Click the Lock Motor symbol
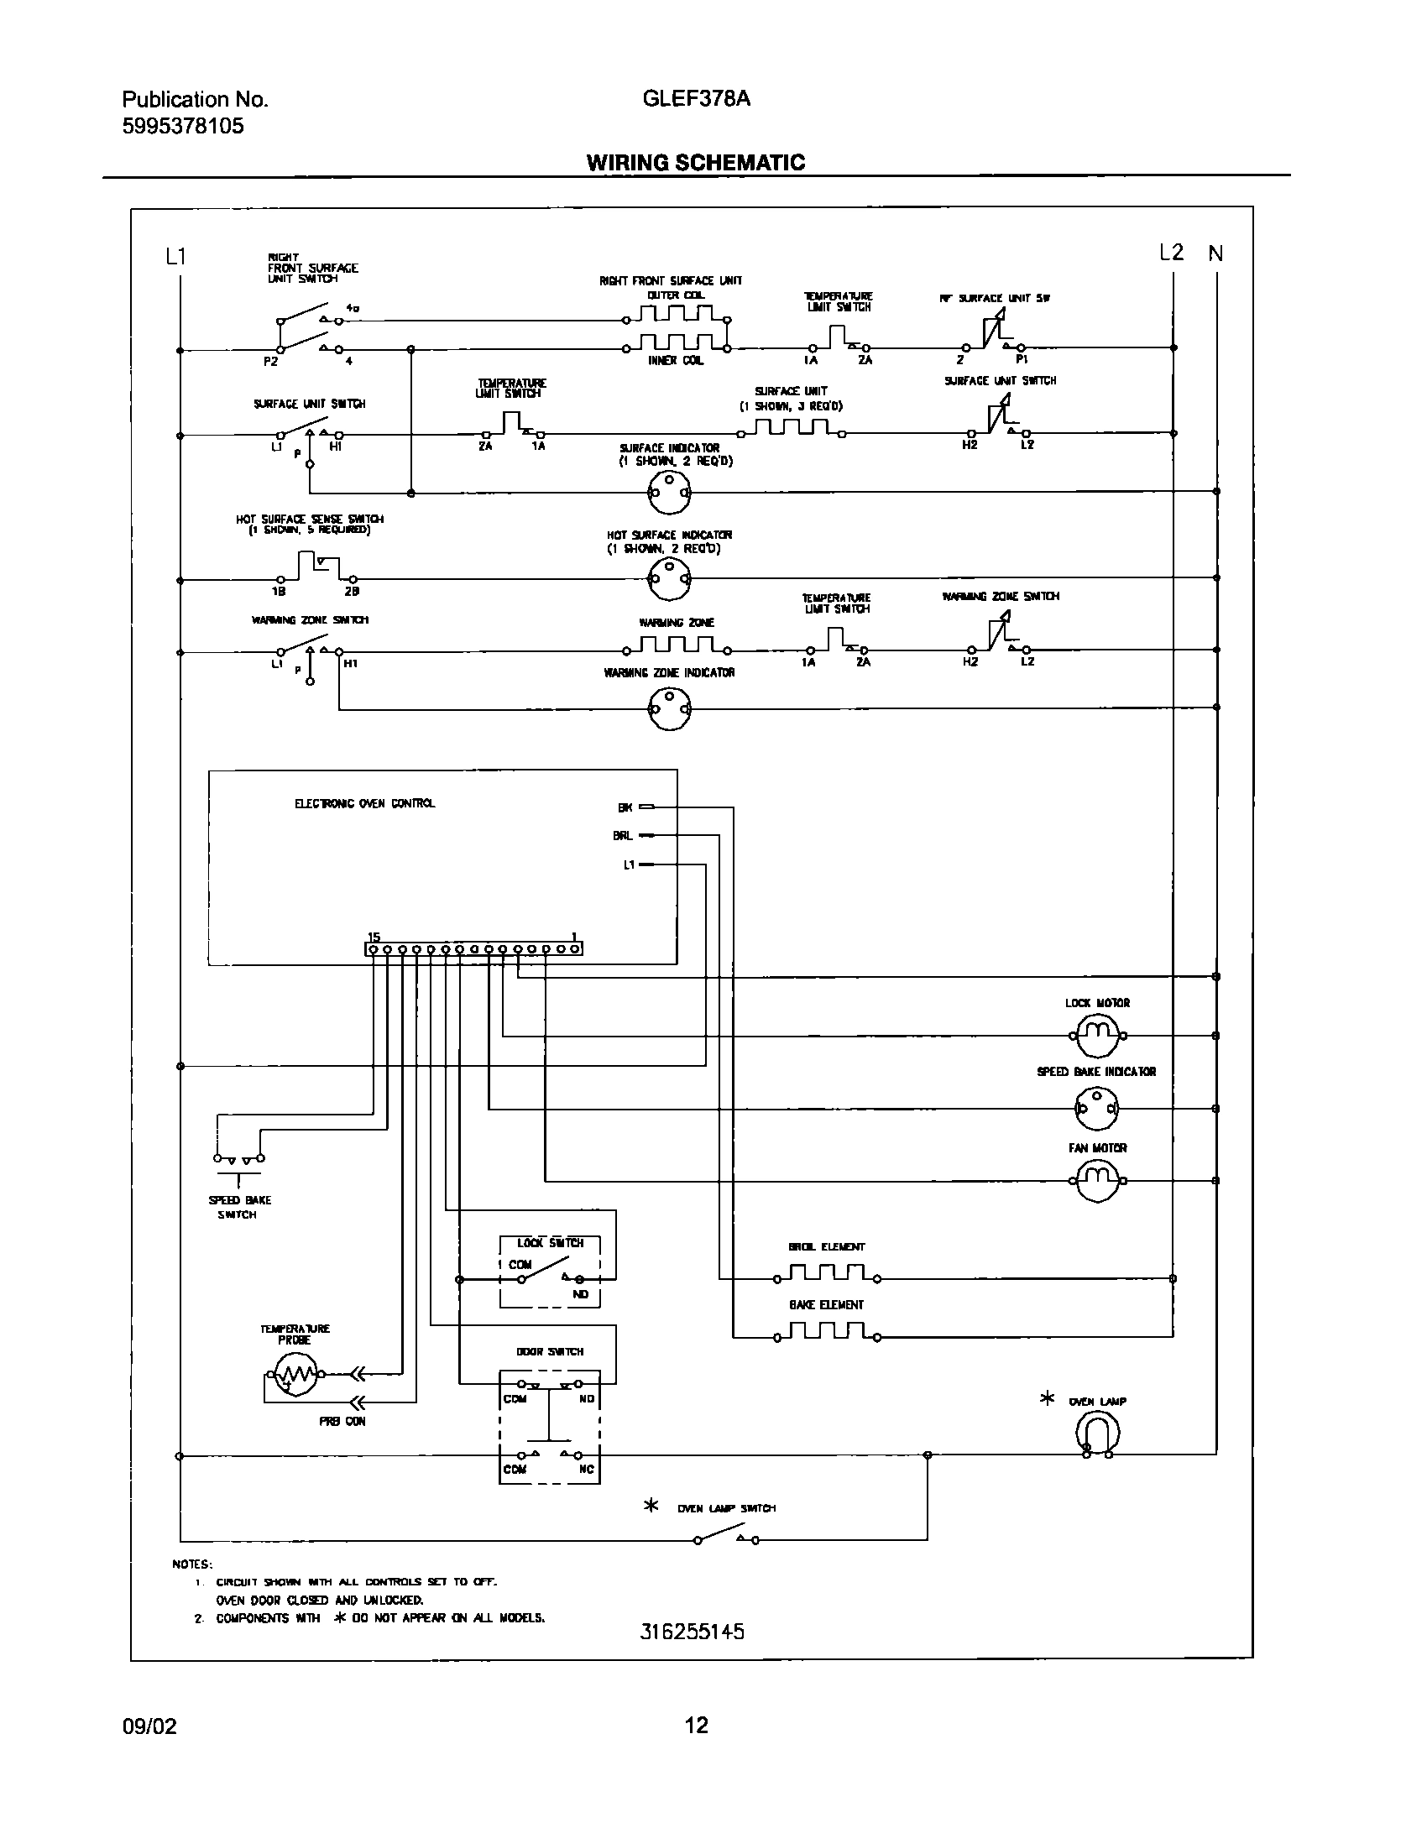pos(1097,1036)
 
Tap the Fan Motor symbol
pos(1097,1180)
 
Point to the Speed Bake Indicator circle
pos(1097,1109)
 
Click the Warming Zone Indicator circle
pos(669,708)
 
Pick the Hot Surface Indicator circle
pos(669,578)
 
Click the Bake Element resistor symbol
pos(827,1333)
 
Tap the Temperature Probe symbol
pos(290,1375)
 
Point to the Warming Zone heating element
pos(677,647)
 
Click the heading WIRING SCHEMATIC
pos(695,163)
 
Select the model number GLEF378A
pos(696,99)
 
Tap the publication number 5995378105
pos(183,126)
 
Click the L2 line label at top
pos(1170,253)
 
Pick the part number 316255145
pos(692,1632)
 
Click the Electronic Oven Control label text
pos(364,803)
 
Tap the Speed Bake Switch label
pos(239,1207)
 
